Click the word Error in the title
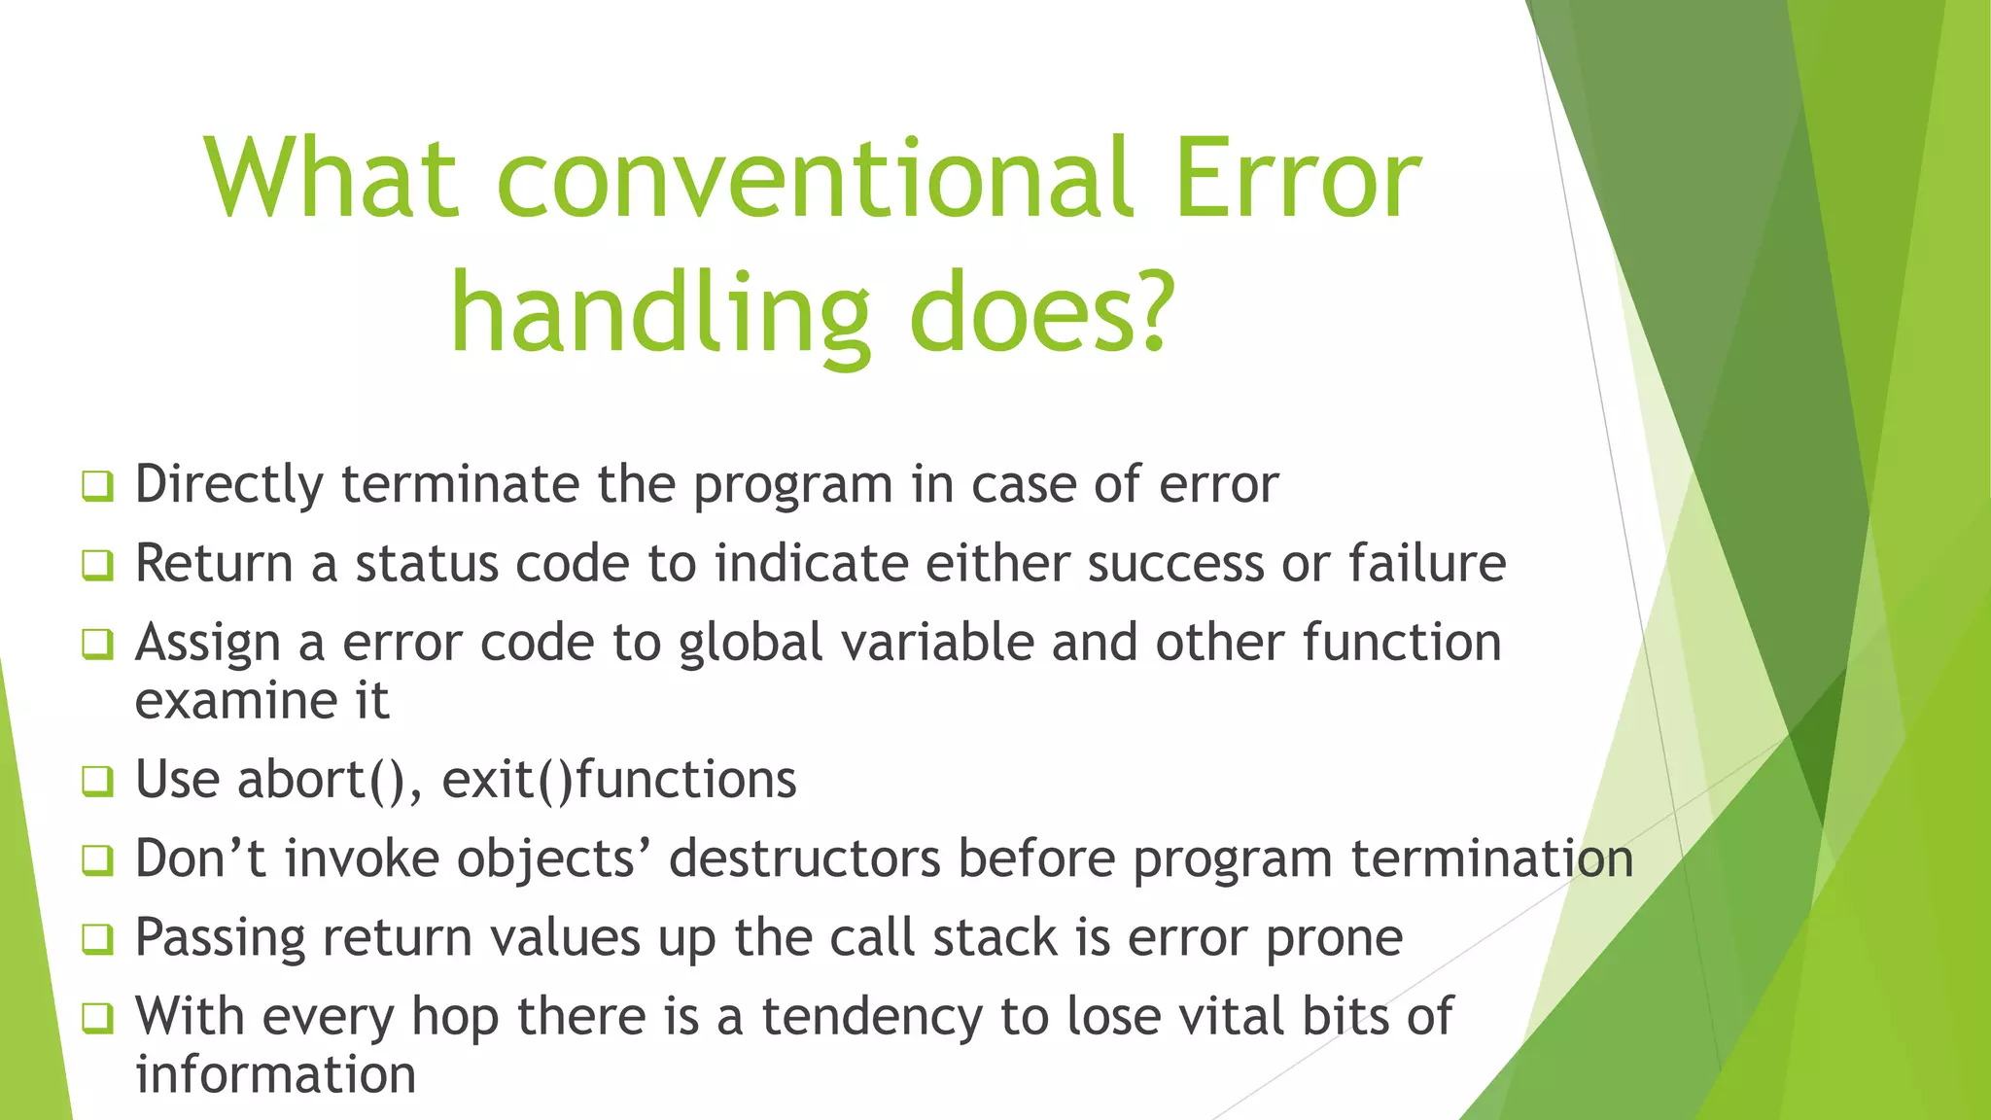coord(1297,180)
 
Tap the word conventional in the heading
coord(814,180)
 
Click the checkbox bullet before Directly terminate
coord(97,485)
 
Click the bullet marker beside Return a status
coord(97,564)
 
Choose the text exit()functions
coord(619,780)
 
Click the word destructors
coord(804,859)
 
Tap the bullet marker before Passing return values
coord(97,939)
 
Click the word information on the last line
coord(276,1075)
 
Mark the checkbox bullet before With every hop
coord(97,1018)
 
